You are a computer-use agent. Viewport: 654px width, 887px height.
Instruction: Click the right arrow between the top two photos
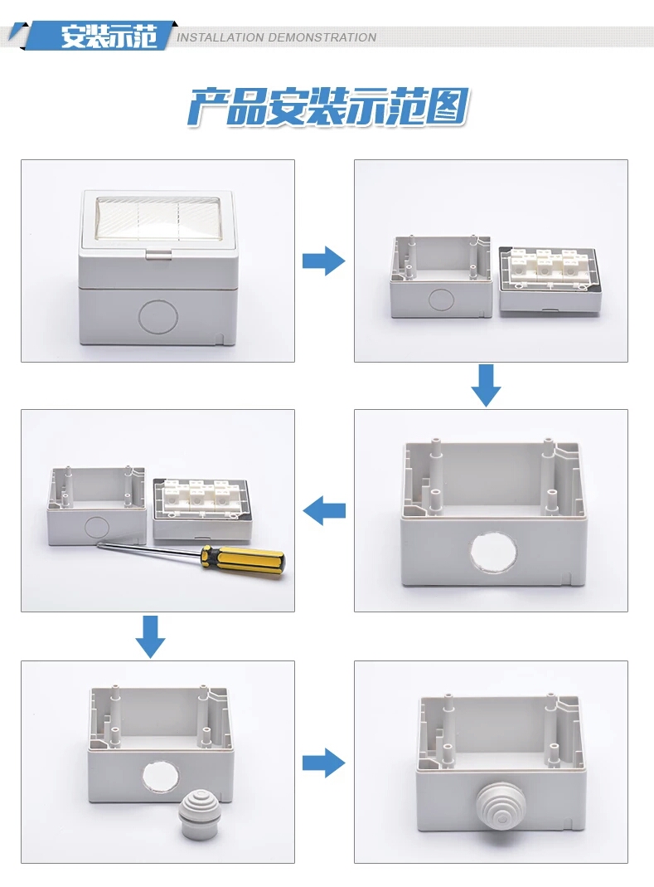click(323, 261)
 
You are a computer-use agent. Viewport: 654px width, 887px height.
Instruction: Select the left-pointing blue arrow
click(324, 510)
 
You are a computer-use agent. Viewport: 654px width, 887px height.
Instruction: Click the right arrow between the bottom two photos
click(323, 762)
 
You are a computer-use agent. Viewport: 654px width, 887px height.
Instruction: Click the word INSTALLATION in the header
click(220, 37)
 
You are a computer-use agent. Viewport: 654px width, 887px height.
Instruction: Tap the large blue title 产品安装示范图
click(327, 108)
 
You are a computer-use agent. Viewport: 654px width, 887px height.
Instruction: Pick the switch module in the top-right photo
click(550, 278)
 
